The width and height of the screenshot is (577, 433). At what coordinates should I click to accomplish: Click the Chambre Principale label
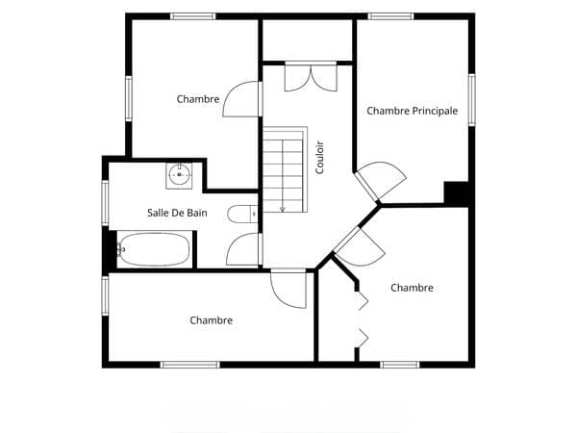click(413, 111)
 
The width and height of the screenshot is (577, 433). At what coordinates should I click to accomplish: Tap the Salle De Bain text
click(177, 213)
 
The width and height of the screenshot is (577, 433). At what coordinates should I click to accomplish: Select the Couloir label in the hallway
click(319, 158)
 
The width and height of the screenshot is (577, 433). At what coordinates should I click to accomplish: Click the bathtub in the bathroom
click(155, 249)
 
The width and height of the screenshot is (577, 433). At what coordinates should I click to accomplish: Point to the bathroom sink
click(179, 176)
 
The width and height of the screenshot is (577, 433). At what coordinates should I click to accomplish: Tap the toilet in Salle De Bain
click(242, 214)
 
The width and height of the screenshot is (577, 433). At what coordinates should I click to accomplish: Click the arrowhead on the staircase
click(282, 210)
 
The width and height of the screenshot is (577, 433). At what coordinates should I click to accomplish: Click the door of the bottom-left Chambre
click(288, 289)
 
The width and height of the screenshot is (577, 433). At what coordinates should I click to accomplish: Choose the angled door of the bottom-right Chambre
click(359, 246)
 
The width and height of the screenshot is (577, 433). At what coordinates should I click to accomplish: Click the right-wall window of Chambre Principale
click(471, 100)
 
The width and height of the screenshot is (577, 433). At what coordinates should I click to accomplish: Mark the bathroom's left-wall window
click(105, 203)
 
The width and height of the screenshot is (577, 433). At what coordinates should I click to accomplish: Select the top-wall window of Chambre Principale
click(390, 16)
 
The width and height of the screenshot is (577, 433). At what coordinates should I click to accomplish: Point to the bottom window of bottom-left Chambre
click(190, 365)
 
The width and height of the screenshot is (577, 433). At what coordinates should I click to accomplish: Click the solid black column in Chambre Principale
click(456, 192)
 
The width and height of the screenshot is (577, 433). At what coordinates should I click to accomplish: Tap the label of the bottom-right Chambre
click(412, 288)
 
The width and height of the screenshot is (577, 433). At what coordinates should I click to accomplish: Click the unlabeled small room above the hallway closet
click(308, 39)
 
